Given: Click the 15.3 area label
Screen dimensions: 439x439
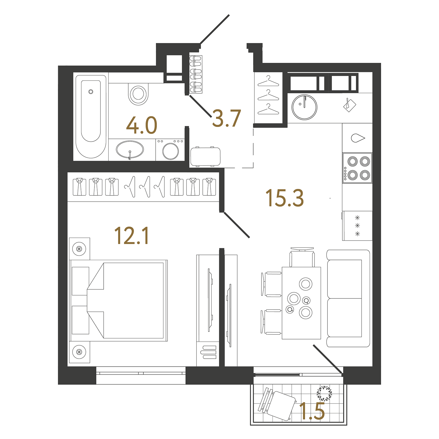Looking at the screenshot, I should click(284, 198).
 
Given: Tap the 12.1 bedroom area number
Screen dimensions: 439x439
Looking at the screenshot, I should click(132, 236).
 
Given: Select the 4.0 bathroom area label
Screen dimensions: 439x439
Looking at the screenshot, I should click(142, 126).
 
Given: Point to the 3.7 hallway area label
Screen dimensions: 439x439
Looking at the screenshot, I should click(227, 119).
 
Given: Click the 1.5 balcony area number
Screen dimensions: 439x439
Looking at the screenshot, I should click(312, 411).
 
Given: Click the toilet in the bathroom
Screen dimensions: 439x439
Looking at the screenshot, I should click(138, 94).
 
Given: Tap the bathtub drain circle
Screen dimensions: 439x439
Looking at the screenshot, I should click(91, 92).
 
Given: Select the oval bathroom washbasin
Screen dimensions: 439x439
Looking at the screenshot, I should click(130, 149).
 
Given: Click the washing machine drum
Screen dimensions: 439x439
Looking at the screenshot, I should click(171, 151).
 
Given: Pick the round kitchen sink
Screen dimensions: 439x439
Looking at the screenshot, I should click(304, 107).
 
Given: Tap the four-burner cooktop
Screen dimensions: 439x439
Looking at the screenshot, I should click(357, 168).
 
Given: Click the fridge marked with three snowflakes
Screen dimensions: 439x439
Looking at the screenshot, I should click(357, 226).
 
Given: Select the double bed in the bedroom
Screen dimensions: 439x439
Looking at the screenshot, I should click(119, 300).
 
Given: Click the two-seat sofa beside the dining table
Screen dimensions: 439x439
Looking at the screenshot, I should click(348, 298).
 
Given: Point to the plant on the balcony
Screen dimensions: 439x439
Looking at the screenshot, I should click(324, 393).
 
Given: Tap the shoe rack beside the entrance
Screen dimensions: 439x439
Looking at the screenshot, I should click(196, 74).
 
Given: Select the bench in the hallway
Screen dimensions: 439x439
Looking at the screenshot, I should click(205, 157).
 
